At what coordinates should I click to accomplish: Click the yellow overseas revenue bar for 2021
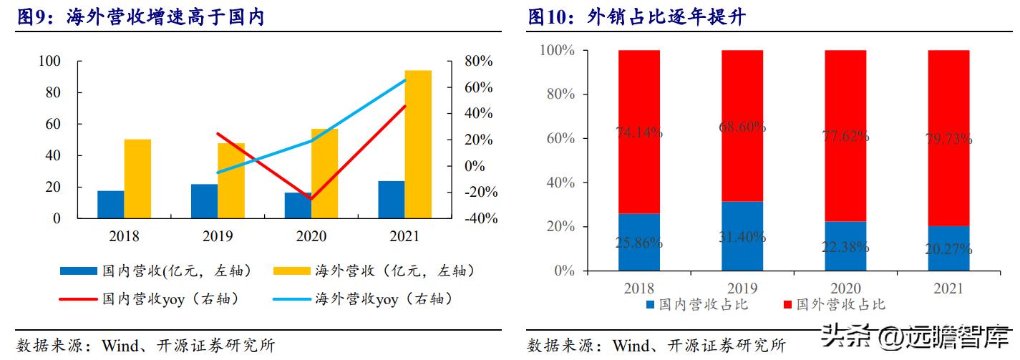click(x=418, y=143)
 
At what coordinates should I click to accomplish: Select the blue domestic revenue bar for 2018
click(x=111, y=204)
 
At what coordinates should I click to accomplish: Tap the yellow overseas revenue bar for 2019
click(x=231, y=180)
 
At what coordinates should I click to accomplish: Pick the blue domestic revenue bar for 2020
click(x=298, y=205)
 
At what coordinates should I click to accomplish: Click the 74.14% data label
click(x=639, y=132)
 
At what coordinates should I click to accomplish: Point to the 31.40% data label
click(x=742, y=237)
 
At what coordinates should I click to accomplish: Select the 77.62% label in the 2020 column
click(x=845, y=135)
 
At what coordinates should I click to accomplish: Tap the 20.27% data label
click(x=948, y=249)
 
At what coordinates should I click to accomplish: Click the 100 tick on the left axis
click(x=49, y=62)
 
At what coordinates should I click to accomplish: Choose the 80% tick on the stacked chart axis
click(x=557, y=94)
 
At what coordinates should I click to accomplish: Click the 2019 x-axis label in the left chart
click(x=218, y=237)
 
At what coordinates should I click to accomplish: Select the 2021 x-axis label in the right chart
click(x=948, y=288)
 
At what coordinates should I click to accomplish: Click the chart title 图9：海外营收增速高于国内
click(x=141, y=16)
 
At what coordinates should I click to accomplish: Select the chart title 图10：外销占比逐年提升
click(x=636, y=16)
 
